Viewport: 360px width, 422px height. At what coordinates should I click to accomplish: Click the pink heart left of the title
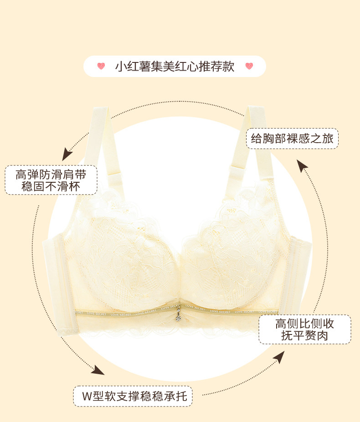(x=101, y=67)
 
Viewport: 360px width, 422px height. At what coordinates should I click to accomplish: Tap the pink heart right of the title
(x=249, y=67)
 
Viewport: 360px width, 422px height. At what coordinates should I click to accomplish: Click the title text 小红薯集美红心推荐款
(x=175, y=67)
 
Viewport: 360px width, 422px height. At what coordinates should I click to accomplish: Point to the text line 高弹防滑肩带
(x=51, y=175)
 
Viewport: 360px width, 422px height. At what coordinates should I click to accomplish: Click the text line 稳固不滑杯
(x=51, y=186)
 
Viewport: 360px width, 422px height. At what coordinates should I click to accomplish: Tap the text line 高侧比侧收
(x=305, y=324)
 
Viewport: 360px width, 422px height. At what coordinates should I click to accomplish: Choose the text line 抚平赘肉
(x=305, y=336)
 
